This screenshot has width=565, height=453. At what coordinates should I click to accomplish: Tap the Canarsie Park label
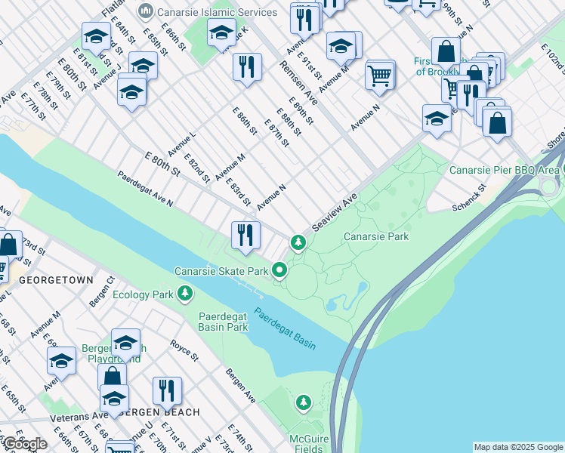(376, 236)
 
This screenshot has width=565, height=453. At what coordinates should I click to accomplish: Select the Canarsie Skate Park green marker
(279, 270)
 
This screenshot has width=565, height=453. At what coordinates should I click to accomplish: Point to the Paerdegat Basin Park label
(223, 322)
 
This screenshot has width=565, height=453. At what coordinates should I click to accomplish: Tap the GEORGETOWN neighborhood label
(56, 279)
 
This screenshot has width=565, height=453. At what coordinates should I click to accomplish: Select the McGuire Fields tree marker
(304, 402)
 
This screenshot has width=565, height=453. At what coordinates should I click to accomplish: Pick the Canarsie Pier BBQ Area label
(503, 170)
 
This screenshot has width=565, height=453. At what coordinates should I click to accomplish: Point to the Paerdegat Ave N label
(144, 189)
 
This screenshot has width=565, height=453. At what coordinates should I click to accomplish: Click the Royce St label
(184, 351)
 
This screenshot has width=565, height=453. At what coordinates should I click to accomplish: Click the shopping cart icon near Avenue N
(380, 75)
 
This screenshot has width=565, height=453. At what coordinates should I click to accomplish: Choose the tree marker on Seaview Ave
(299, 243)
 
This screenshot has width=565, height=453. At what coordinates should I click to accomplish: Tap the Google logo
(24, 444)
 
